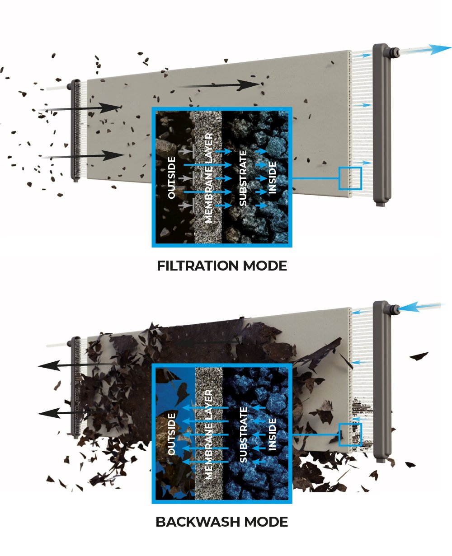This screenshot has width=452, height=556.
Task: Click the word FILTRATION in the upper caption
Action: click(x=198, y=266)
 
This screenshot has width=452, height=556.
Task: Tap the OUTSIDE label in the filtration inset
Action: click(x=171, y=178)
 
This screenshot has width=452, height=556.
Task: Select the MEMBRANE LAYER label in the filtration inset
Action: click(x=208, y=178)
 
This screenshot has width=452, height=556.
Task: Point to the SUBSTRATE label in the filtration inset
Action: click(x=243, y=178)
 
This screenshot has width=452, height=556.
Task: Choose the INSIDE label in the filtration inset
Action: click(x=272, y=178)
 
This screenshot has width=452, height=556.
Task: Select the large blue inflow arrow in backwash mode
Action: click(x=419, y=306)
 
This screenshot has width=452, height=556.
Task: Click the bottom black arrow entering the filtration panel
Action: click(x=82, y=156)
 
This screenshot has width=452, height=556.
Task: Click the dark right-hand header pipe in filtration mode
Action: click(x=382, y=125)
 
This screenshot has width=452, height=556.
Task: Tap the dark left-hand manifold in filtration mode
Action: click(x=75, y=131)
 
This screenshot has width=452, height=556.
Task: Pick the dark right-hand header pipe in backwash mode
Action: click(x=382, y=382)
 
